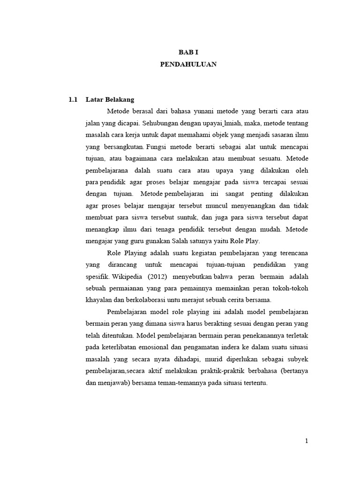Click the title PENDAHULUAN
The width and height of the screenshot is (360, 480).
click(x=188, y=65)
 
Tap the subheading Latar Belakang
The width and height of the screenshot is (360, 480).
click(x=110, y=99)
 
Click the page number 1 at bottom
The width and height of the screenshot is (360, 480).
click(x=306, y=441)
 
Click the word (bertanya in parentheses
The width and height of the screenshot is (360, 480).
click(x=293, y=370)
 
